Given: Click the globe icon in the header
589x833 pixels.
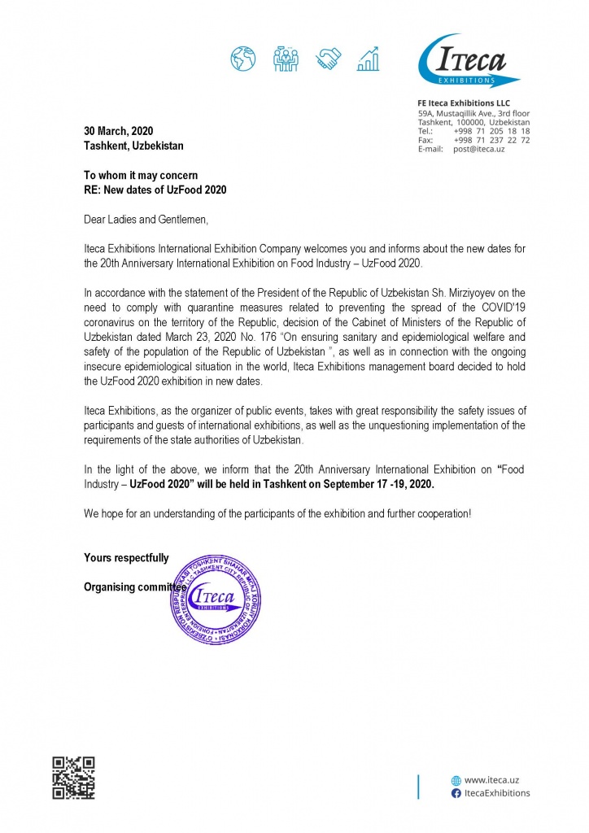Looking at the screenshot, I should (x=242, y=59).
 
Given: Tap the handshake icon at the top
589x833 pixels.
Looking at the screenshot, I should (x=329, y=59).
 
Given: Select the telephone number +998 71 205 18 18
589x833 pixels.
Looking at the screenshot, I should (x=496, y=131).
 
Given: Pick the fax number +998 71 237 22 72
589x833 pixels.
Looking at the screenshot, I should (x=496, y=140).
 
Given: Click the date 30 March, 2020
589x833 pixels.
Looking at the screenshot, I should (x=119, y=131).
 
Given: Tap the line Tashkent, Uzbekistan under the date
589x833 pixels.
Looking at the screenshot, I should (x=134, y=146).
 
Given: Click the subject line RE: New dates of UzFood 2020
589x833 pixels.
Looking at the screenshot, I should (x=155, y=190).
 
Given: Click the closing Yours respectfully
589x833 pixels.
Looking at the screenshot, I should (x=127, y=558).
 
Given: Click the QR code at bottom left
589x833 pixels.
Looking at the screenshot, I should (x=73, y=778).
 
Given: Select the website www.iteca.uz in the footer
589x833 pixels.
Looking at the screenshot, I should (x=491, y=779).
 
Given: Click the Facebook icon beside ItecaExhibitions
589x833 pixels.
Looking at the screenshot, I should (x=456, y=793).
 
